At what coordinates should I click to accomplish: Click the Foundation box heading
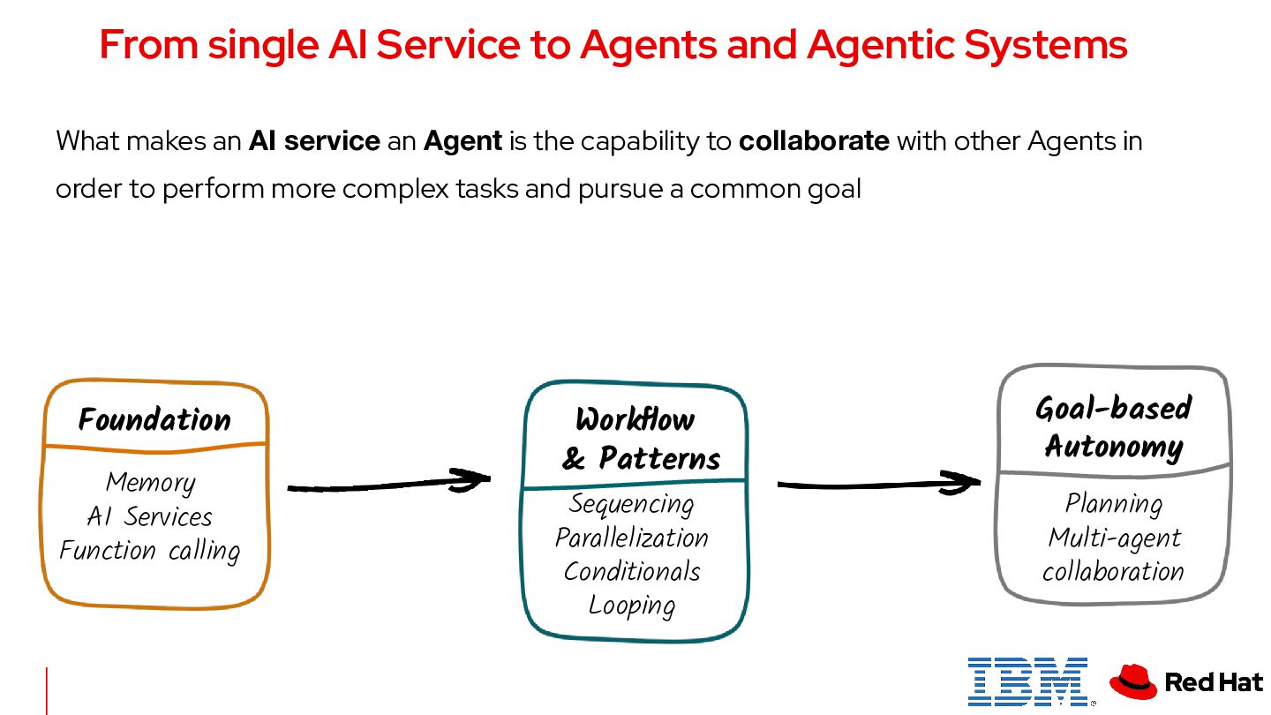point(154,419)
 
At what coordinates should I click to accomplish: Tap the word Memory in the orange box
point(150,483)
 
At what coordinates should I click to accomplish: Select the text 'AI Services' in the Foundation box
point(150,516)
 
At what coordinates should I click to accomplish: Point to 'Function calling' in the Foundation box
point(150,551)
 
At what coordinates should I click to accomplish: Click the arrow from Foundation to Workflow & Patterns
point(388,484)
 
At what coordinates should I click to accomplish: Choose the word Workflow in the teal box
point(635,419)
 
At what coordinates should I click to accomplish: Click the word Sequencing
point(632,504)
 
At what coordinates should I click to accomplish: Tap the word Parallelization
point(632,538)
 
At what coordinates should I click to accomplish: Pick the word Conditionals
point(632,571)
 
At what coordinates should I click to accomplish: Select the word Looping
point(632,606)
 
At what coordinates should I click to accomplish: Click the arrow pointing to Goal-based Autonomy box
point(878,483)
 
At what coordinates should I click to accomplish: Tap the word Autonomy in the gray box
point(1114,447)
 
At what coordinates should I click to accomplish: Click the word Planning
point(1114,504)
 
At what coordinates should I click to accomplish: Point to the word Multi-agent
point(1114,538)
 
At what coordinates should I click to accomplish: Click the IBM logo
point(1027,681)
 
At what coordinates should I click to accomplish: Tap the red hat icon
point(1133,681)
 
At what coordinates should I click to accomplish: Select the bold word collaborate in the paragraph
point(814,141)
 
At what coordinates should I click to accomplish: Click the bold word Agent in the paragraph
point(463,141)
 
